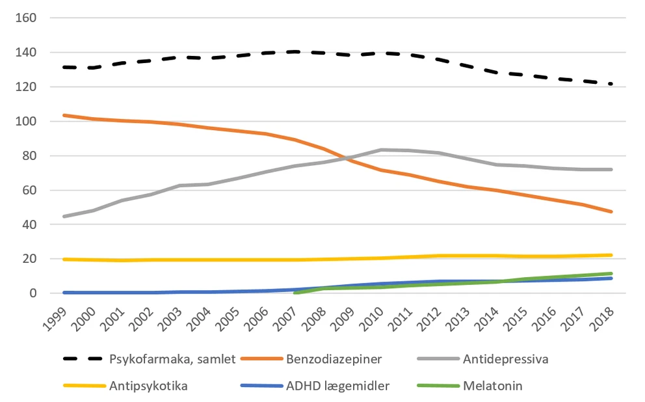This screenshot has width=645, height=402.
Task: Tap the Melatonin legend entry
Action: [x=492, y=386]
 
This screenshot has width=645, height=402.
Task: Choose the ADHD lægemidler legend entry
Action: [x=337, y=386]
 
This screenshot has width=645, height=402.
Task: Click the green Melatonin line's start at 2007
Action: [x=295, y=293]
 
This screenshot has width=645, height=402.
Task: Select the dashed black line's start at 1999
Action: [x=63, y=67]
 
